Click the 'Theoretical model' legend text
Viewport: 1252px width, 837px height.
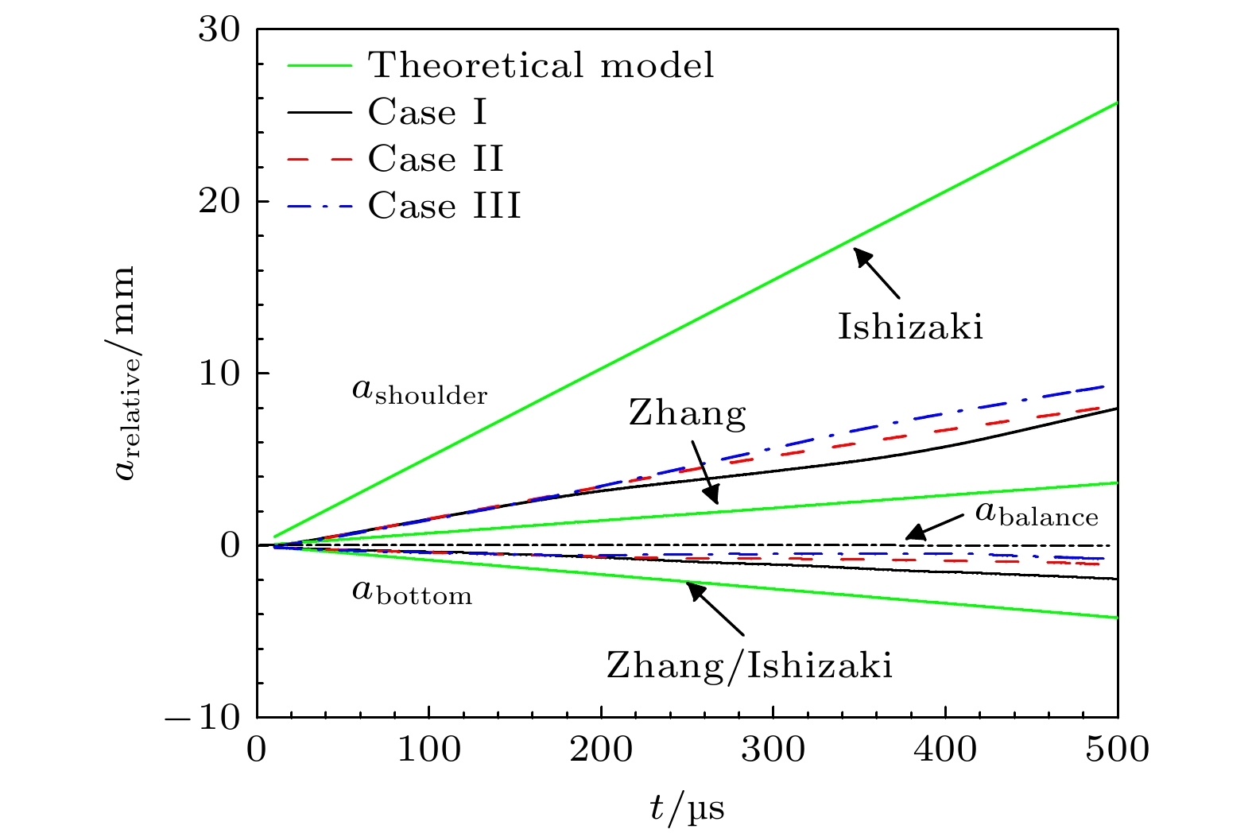point(541,65)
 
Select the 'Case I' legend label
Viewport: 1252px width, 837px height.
point(427,112)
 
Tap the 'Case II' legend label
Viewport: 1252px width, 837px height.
point(436,159)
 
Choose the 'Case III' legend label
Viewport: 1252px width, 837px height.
point(444,206)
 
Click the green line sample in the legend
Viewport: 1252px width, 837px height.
point(319,65)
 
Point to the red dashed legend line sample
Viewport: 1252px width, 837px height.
point(319,159)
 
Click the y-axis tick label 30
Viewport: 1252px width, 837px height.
point(219,30)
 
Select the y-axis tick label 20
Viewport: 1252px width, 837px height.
point(219,202)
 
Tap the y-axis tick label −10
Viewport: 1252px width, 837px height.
point(203,718)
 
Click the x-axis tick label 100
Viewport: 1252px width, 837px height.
point(429,750)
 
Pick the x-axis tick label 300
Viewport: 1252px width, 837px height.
point(773,750)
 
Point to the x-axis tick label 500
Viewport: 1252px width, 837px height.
point(1117,750)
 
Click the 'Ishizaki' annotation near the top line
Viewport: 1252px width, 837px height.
point(910,327)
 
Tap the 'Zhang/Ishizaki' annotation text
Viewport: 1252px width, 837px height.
point(750,665)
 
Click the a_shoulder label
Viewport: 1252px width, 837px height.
point(420,392)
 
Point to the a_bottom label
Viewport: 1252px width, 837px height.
point(412,593)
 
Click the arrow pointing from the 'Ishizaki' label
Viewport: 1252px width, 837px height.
point(878,274)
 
